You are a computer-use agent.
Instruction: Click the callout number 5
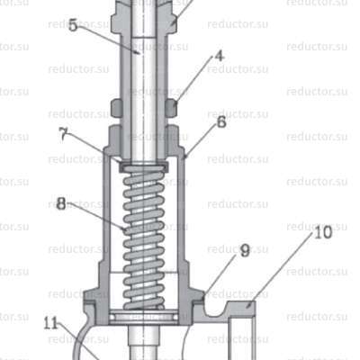(x=72, y=24)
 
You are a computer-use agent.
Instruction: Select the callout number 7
(x=62, y=133)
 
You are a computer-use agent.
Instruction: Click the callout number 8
(x=61, y=203)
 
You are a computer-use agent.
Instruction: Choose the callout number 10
(x=296, y=231)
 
